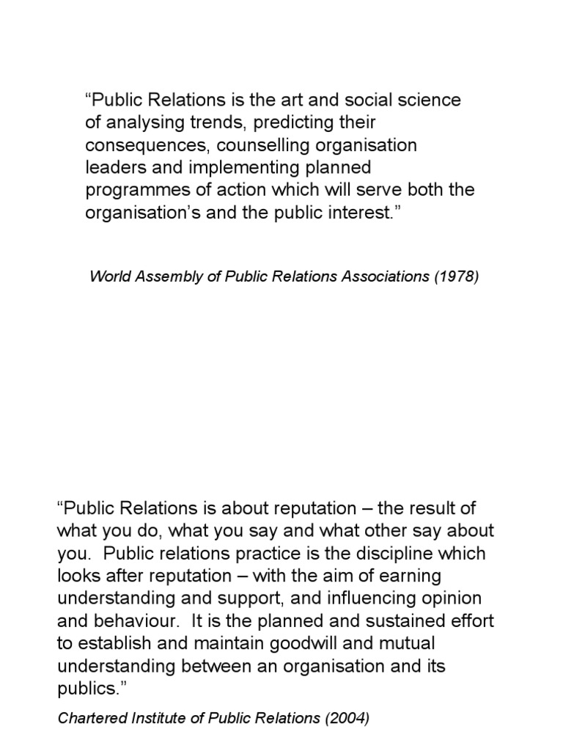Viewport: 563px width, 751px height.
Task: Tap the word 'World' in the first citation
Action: (108, 277)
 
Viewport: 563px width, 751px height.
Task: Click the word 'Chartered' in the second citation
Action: (89, 719)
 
